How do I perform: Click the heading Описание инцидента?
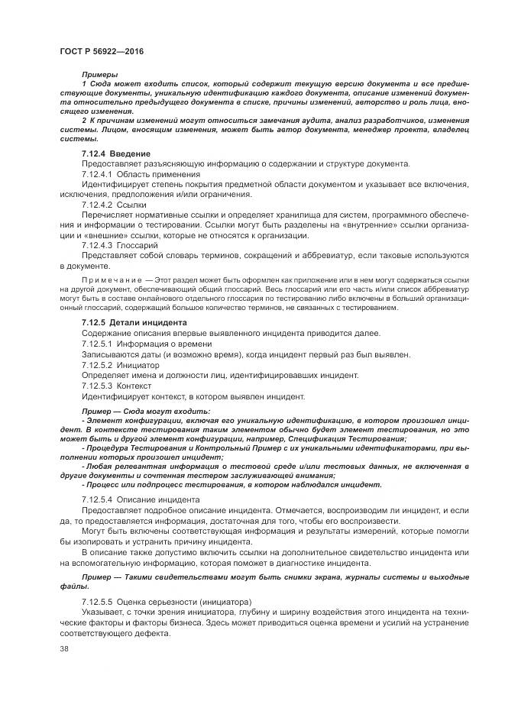[158, 499]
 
